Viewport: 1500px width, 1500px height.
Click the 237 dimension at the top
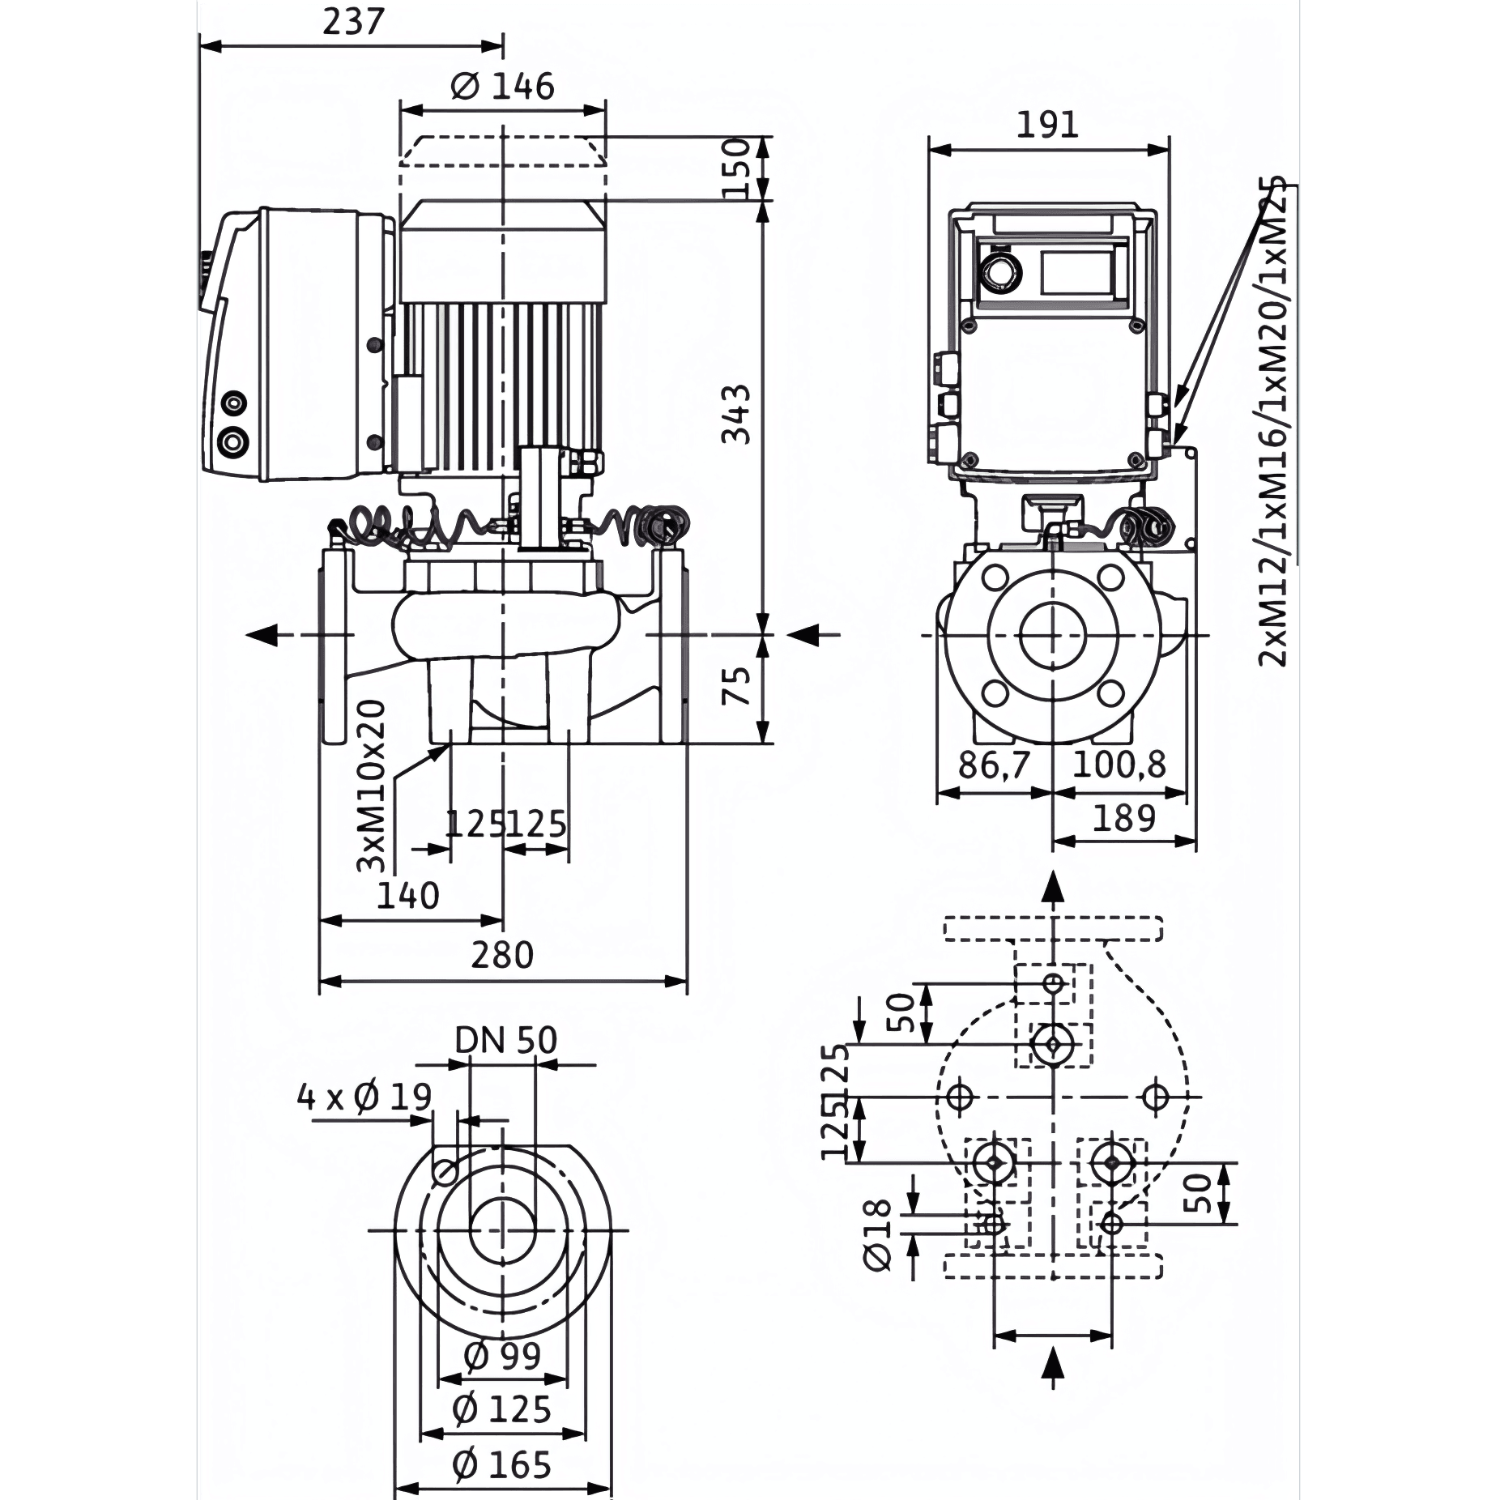[x=352, y=22]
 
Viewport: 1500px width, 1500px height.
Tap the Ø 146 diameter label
[x=502, y=86]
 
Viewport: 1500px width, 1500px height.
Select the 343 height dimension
[x=736, y=415]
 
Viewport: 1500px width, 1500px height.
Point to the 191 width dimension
[x=1047, y=125]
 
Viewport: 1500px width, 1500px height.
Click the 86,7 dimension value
[x=994, y=764]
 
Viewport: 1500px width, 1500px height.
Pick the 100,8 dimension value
[x=1119, y=764]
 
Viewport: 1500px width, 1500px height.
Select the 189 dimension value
[x=1124, y=818]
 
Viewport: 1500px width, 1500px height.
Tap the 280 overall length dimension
[x=502, y=956]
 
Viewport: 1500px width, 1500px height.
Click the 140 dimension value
[x=408, y=896]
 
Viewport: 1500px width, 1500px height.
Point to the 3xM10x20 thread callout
[x=372, y=786]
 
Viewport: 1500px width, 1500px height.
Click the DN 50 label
[x=506, y=1040]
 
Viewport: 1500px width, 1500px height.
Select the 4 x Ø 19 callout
[x=364, y=1097]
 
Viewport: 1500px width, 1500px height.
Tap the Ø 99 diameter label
[x=502, y=1355]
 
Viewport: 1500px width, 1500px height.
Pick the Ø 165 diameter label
[x=502, y=1464]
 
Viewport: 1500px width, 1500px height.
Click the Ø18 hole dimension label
[x=878, y=1236]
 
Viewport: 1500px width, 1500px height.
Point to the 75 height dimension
[x=736, y=685]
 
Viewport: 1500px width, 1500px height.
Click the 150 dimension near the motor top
[x=736, y=168]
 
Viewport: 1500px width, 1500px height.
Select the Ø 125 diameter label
[x=502, y=1409]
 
